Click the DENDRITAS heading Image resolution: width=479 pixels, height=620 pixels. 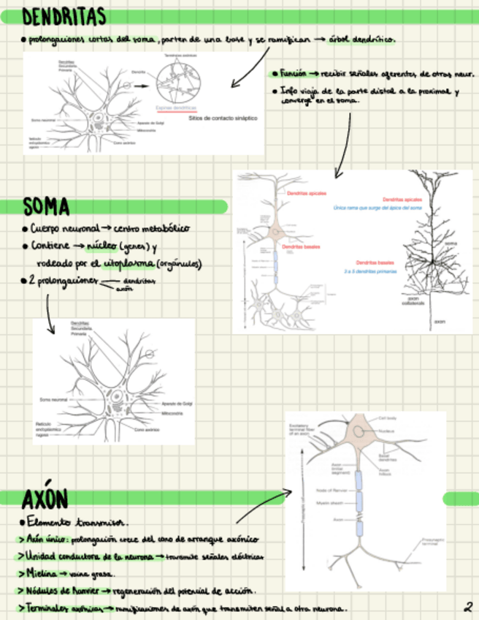point(64,16)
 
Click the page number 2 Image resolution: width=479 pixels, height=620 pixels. point(467,606)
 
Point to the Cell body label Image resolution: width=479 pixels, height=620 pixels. point(387,418)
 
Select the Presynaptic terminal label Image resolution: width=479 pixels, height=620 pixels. point(431,542)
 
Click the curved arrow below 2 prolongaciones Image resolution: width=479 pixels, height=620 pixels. point(48,311)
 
